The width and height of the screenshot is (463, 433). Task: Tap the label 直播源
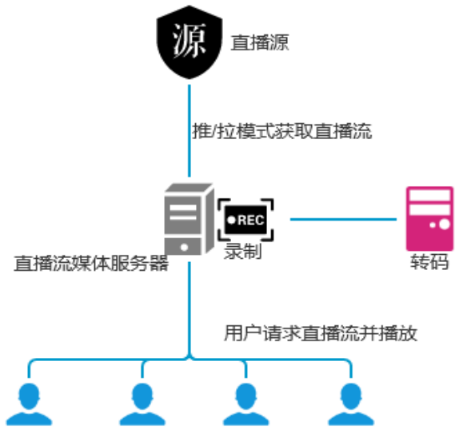click(259, 42)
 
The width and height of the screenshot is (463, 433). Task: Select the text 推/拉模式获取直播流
click(282, 131)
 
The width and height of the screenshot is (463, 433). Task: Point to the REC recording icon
click(245, 219)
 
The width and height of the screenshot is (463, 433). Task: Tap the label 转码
click(430, 263)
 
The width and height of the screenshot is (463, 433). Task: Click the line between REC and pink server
click(344, 218)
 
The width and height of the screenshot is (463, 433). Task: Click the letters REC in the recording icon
click(251, 219)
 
